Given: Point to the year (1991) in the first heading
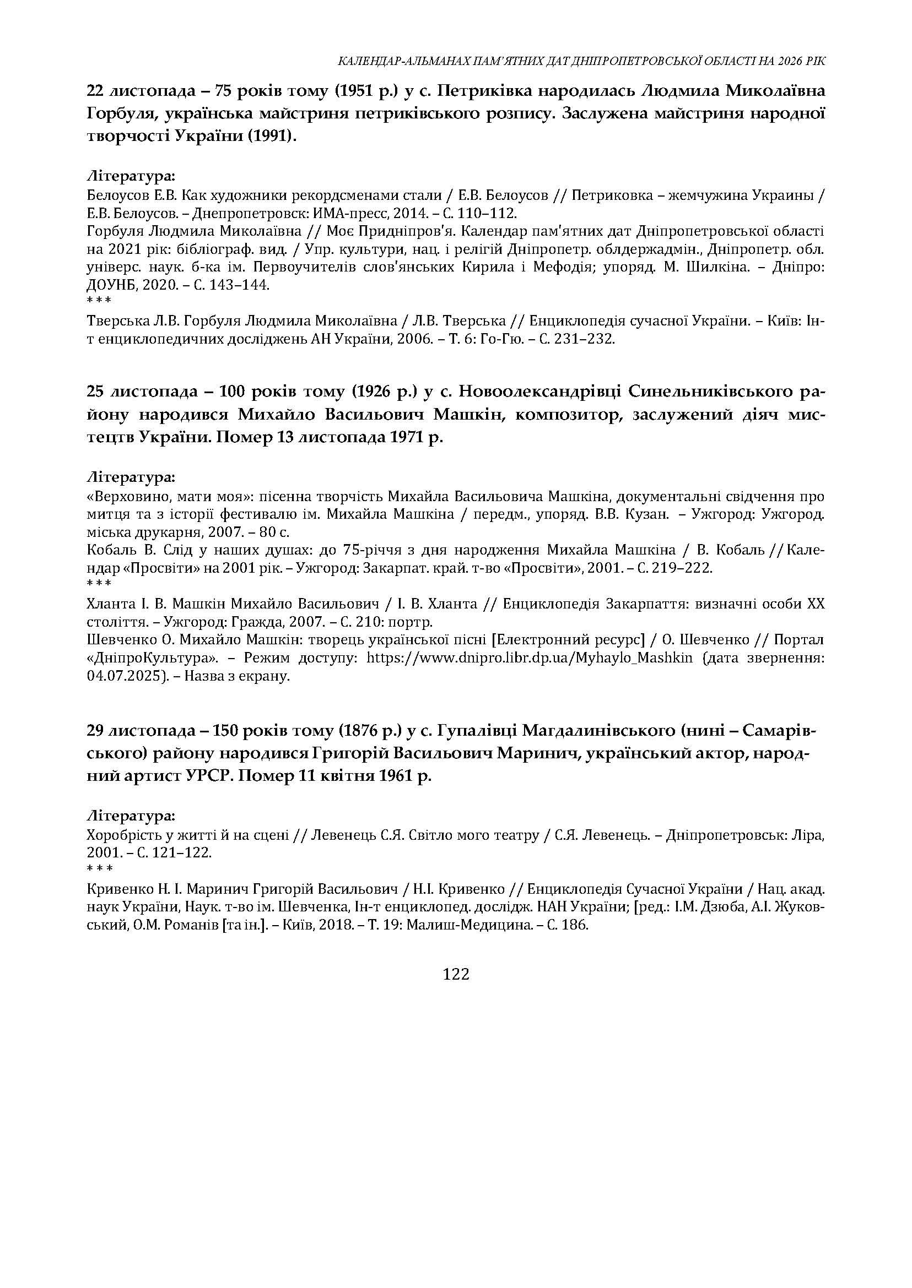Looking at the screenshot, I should [272, 137].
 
